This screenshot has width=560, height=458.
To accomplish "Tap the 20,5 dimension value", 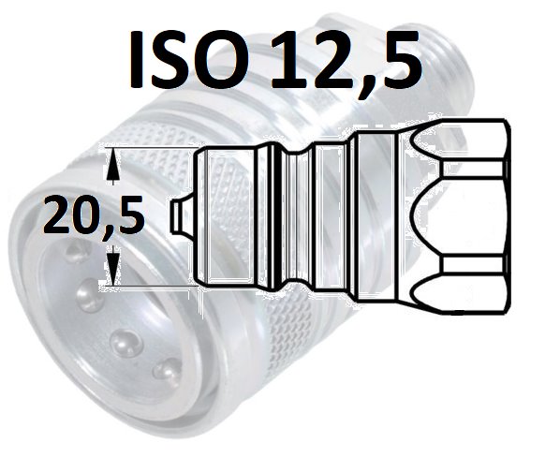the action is tap(94, 215).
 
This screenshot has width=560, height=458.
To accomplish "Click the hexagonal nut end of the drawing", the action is tap(461, 217).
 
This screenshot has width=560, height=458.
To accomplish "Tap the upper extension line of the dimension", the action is tap(150, 147).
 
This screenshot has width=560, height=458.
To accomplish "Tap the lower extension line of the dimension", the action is tap(150, 286).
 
